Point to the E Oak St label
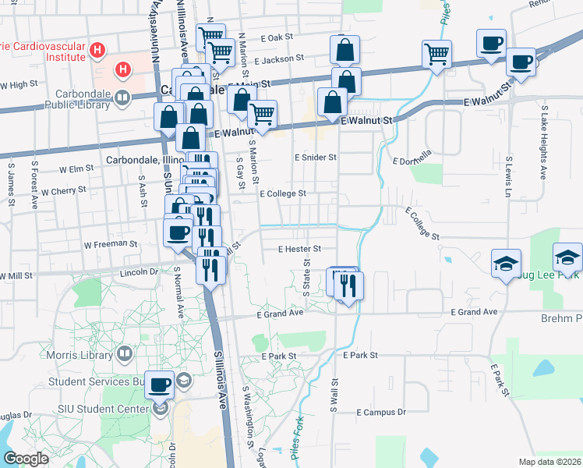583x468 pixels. (x=277, y=37)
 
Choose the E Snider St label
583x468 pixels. (x=315, y=157)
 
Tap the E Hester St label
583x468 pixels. (x=300, y=249)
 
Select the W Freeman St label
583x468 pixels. (x=111, y=244)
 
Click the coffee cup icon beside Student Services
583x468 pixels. (x=161, y=384)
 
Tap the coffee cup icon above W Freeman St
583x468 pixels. (x=179, y=232)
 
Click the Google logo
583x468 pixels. (x=25, y=458)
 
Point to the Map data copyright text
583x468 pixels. (x=550, y=462)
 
